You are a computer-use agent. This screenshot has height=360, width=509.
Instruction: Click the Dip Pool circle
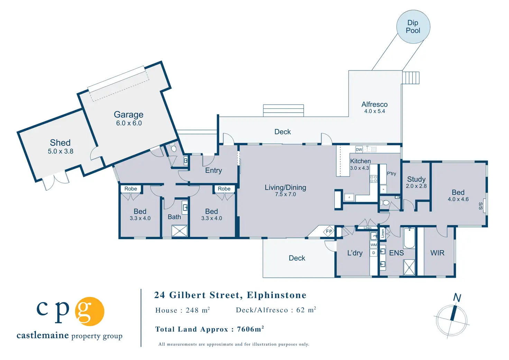point(413,27)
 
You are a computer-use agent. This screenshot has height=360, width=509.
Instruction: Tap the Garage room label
point(129,115)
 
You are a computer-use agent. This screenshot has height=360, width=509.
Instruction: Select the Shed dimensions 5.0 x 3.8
point(61,151)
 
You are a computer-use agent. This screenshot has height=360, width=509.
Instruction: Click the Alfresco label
point(374,104)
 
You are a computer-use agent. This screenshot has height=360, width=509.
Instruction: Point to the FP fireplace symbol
point(329,231)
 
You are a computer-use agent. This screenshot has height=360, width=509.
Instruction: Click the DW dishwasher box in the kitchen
point(359,150)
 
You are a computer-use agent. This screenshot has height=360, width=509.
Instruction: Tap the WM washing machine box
point(374,245)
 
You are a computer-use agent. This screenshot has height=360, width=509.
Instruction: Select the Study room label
point(416,179)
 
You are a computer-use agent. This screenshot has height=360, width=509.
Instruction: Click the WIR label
point(437,253)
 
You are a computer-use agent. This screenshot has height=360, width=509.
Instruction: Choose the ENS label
point(396,253)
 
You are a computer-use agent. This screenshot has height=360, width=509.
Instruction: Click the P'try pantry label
point(391,174)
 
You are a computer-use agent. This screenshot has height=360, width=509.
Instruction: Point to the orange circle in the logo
point(90,311)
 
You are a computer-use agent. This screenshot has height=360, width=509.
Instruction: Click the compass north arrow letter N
point(457,297)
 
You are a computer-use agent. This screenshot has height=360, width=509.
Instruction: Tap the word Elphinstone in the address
point(277,295)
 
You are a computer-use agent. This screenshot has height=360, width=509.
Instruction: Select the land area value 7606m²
point(250,329)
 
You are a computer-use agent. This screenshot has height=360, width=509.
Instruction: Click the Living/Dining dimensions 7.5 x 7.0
point(286,195)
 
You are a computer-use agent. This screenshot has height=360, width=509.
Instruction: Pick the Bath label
point(174,217)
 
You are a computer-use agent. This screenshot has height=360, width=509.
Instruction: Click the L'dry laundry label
point(355,253)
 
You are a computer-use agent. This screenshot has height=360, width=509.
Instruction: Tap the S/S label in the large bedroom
point(481,206)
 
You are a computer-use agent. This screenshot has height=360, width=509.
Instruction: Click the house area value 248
point(192,310)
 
